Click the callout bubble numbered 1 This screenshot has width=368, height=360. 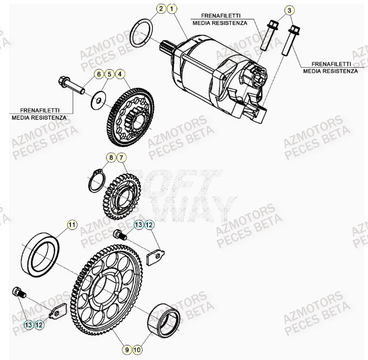[171, 9]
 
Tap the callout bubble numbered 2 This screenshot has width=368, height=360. [161, 9]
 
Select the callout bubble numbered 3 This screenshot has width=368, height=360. [290, 10]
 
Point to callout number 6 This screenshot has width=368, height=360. [99, 74]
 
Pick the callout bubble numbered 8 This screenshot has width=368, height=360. [110, 158]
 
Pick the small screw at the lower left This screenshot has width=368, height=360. [21, 293]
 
